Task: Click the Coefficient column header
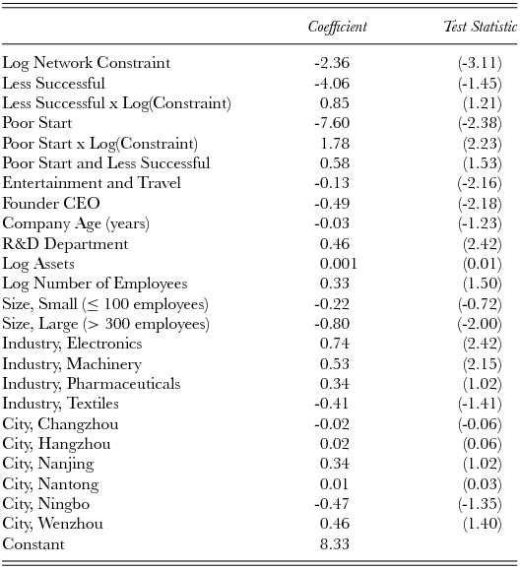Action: pyautogui.click(x=337, y=27)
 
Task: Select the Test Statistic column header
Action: pyautogui.click(x=481, y=27)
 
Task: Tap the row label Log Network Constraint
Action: pyautogui.click(x=87, y=63)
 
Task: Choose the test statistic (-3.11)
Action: pyautogui.click(x=480, y=63)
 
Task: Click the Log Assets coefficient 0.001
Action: pyautogui.click(x=338, y=264)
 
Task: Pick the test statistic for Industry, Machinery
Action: pyautogui.click(x=483, y=364)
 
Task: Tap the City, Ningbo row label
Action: pyautogui.click(x=47, y=504)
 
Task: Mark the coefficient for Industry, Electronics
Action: pyautogui.click(x=335, y=344)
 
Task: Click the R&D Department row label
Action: pyautogui.click(x=65, y=243)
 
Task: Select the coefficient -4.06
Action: pyautogui.click(x=333, y=83)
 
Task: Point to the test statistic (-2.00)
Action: pyautogui.click(x=480, y=324)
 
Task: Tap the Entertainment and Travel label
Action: pyautogui.click(x=92, y=183)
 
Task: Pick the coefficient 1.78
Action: pyautogui.click(x=335, y=144)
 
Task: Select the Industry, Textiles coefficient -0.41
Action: pyautogui.click(x=333, y=404)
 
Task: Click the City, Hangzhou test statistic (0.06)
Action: pyautogui.click(x=483, y=444)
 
